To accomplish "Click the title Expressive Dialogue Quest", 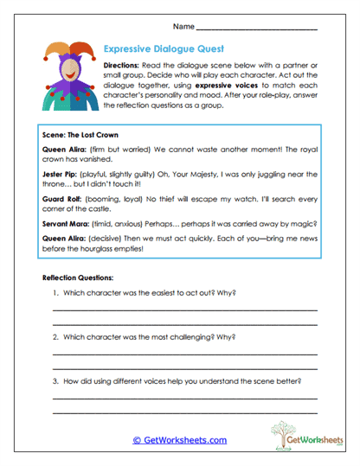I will pyautogui.click(x=164, y=49).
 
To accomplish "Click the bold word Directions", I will pyautogui.click(x=125, y=66).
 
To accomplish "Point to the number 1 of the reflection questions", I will pyautogui.click(x=55, y=292).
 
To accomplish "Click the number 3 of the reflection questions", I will pyautogui.click(x=55, y=380).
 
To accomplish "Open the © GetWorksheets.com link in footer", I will pyautogui.click(x=179, y=440).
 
